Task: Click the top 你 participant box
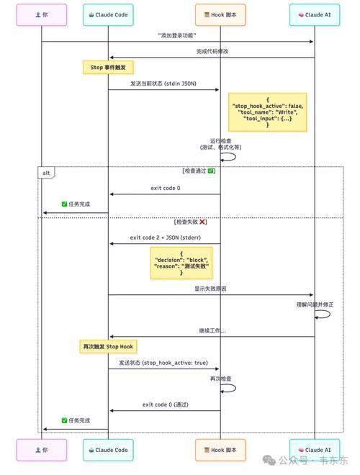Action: [x=42, y=14]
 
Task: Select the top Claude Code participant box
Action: [x=108, y=14]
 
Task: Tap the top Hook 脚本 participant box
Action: [x=220, y=14]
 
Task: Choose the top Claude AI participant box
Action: [x=314, y=14]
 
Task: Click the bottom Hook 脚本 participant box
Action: [x=220, y=450]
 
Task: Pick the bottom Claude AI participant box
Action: [x=314, y=450]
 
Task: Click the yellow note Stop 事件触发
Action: [x=108, y=67]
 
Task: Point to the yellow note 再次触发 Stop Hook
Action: [x=108, y=346]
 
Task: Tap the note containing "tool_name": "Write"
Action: [x=267, y=112]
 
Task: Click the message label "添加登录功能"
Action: [x=178, y=35]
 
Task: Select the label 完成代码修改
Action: [x=212, y=52]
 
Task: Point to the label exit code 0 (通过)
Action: [x=165, y=404]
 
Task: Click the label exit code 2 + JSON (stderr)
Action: [x=165, y=237]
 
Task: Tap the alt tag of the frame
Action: [x=45, y=172]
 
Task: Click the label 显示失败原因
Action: [x=211, y=289]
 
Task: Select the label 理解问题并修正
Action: [x=315, y=304]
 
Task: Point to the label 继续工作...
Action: [x=212, y=330]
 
